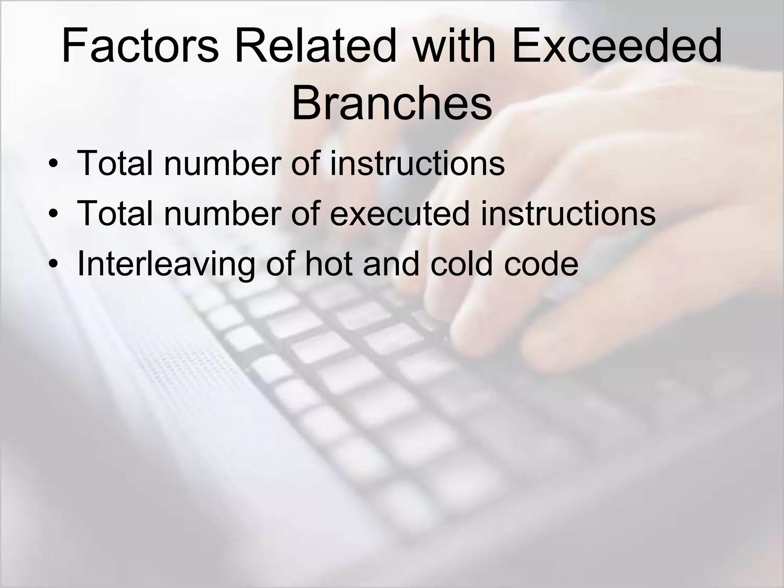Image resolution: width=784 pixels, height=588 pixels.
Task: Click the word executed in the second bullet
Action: click(x=399, y=214)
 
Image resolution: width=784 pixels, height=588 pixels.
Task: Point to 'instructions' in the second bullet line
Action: click(x=568, y=214)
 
